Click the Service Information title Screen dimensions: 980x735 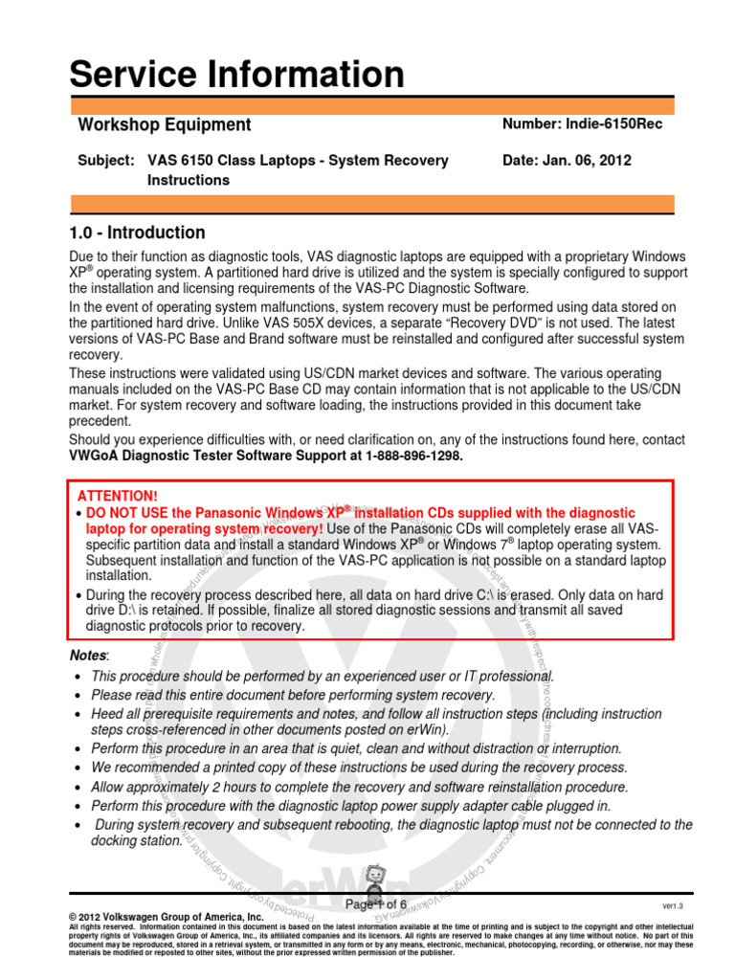coord(237,75)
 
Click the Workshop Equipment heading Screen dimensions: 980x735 coord(164,124)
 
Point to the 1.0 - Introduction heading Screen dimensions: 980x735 coord(137,233)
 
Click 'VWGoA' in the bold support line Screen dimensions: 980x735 coord(96,457)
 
